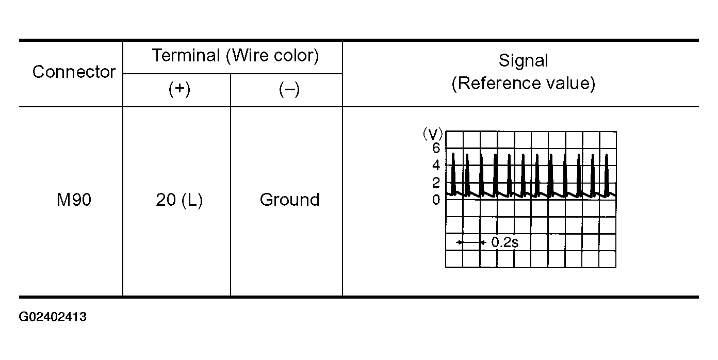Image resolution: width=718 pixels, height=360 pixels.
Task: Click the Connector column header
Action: pyautogui.click(x=74, y=72)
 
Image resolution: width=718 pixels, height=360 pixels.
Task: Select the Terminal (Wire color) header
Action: pyautogui.click(x=235, y=56)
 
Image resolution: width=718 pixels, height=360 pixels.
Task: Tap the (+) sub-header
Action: pyautogui.click(x=179, y=90)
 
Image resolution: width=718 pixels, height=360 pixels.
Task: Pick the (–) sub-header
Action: pyautogui.click(x=289, y=90)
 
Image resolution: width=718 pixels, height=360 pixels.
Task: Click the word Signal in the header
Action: pyautogui.click(x=523, y=61)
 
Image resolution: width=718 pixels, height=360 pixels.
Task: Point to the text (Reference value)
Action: pyautogui.click(x=523, y=84)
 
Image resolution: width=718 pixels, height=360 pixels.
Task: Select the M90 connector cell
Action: pyautogui.click(x=74, y=200)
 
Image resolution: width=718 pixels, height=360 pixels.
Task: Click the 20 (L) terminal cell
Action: pyautogui.click(x=179, y=200)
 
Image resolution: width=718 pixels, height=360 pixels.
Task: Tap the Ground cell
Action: pyautogui.click(x=289, y=200)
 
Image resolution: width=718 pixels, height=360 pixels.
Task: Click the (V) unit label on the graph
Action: pyautogui.click(x=433, y=135)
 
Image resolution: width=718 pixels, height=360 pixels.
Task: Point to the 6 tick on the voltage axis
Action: pyautogui.click(x=436, y=149)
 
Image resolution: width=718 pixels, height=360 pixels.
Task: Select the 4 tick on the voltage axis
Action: pyautogui.click(x=436, y=166)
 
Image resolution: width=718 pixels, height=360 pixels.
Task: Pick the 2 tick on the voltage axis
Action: pyautogui.click(x=436, y=183)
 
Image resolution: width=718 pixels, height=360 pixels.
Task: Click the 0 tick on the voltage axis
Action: pyautogui.click(x=436, y=200)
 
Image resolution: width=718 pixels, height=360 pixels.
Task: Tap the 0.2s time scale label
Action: pyautogui.click(x=504, y=242)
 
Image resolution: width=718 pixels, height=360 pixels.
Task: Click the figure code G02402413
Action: pyautogui.click(x=53, y=317)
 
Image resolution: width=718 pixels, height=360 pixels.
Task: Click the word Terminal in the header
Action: pyautogui.click(x=186, y=56)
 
